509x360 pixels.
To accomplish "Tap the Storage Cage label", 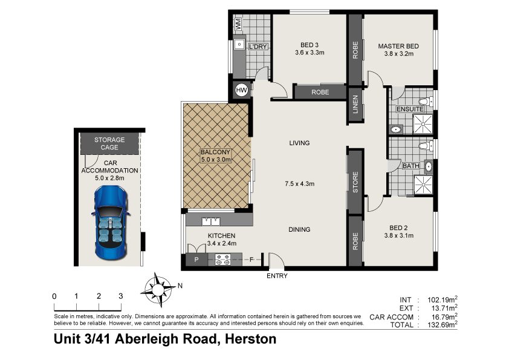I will coord(109,143).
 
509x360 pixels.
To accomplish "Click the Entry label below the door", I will coord(277,277).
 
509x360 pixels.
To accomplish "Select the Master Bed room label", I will coord(398,46).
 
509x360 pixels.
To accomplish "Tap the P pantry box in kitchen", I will coord(196,260).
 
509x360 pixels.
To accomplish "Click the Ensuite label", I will coord(410,109).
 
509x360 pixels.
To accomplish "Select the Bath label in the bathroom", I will coord(410,166).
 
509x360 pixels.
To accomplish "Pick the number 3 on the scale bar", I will coord(120,296).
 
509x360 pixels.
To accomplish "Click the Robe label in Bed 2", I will coord(355,240).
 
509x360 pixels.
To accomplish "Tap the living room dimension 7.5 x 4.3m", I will coord(299,184).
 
